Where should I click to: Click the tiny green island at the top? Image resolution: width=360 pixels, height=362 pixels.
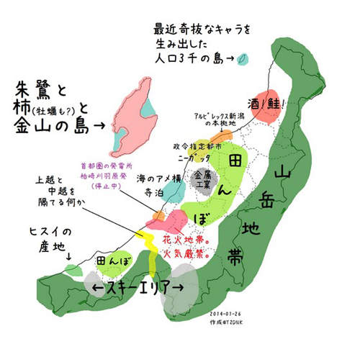[x=245, y=58]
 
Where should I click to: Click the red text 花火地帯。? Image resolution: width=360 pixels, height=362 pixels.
[x=188, y=237]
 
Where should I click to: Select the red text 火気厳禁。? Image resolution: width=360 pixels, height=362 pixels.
[x=188, y=253]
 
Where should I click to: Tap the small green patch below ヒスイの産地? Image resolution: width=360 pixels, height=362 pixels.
[x=73, y=270]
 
